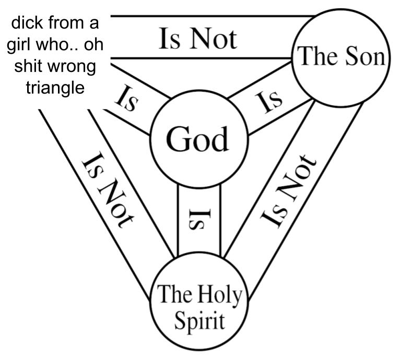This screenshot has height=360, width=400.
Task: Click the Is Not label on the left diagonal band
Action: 108,190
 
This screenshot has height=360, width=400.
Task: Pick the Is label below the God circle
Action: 199,220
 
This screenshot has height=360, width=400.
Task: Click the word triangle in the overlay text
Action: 55,86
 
